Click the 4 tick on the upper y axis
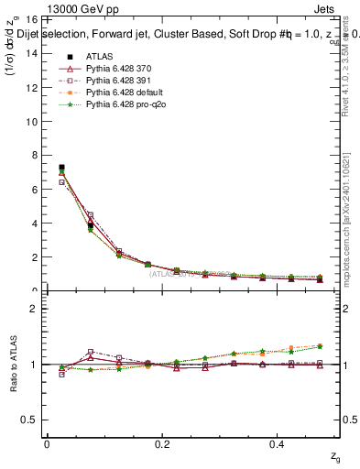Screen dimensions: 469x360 point(34,224)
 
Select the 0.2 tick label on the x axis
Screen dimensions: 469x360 point(163,444)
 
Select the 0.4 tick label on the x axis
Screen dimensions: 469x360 point(279,444)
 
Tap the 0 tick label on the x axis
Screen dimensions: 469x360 point(47,444)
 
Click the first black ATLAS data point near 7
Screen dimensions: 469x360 point(61,168)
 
